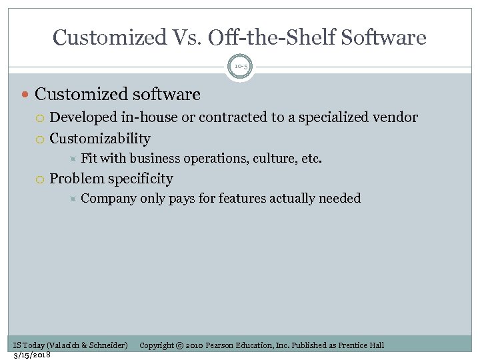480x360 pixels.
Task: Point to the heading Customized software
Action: (117, 95)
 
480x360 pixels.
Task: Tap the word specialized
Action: (329, 118)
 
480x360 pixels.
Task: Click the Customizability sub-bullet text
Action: (100, 139)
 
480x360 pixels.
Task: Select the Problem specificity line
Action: (111, 179)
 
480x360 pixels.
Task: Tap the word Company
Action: (108, 198)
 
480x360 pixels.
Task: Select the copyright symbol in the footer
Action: (179, 345)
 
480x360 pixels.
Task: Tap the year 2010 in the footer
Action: (194, 345)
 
